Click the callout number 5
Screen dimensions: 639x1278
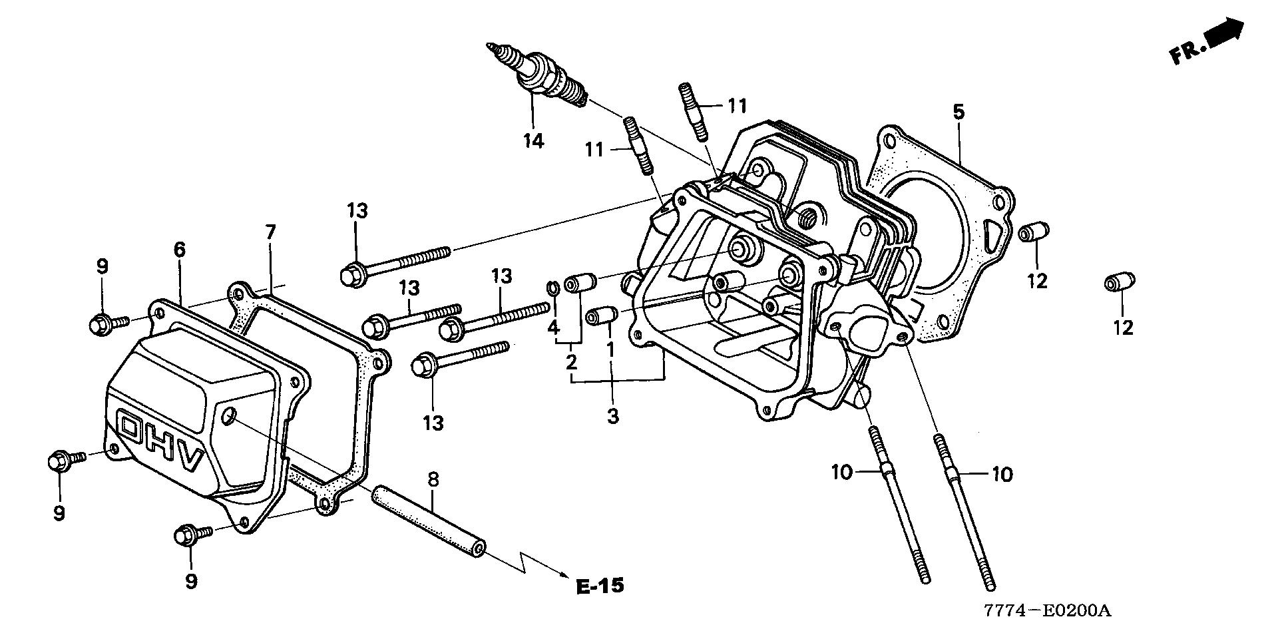point(958,112)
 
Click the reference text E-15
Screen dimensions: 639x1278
point(600,586)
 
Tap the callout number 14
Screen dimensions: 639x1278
point(533,140)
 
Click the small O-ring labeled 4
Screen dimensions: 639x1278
point(552,288)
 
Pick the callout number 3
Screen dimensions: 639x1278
point(612,417)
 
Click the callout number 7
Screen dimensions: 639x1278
point(270,232)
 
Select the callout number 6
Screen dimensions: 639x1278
point(180,250)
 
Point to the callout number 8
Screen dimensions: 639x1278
point(433,480)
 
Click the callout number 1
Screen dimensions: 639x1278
point(610,347)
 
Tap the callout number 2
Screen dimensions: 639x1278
point(570,363)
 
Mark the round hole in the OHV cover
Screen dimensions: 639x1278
point(228,417)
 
